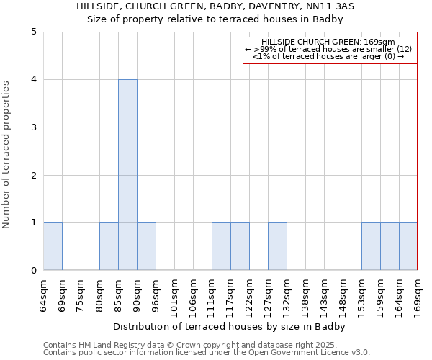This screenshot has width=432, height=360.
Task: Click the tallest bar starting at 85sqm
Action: (127, 175)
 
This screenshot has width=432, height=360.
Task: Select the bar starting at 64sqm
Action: (53, 246)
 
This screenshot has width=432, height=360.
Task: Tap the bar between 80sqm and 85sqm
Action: (109, 246)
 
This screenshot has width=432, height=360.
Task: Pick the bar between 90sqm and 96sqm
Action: (146, 246)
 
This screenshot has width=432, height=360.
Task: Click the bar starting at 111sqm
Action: (221, 246)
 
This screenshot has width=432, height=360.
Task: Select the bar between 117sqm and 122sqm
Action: (240, 246)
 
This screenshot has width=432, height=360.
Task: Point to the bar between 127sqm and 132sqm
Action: (277, 246)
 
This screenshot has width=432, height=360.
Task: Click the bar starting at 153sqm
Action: (371, 246)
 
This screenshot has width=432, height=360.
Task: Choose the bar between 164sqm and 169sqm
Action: (408, 246)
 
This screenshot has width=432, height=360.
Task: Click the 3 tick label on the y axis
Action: (34, 127)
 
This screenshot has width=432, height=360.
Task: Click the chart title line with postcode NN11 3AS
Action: (215, 6)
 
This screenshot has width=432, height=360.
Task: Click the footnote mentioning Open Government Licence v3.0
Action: (207, 352)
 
